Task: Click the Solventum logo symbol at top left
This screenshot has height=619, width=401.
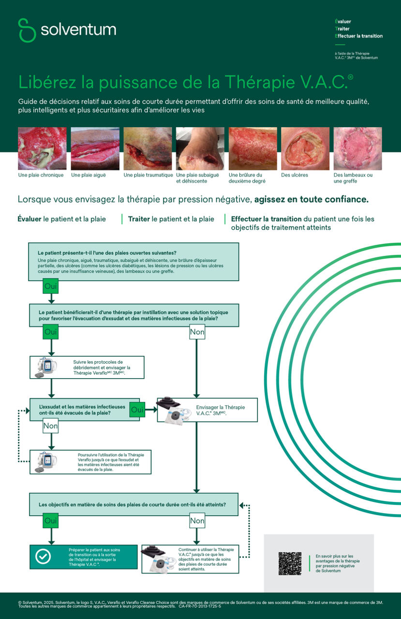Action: tap(27, 30)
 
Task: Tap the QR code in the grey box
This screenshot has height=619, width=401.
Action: tap(290, 563)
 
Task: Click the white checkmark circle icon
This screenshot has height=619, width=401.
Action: tap(43, 557)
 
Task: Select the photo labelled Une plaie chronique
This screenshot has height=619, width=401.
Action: tap(42, 148)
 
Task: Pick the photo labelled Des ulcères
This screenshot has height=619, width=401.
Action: tap(305, 148)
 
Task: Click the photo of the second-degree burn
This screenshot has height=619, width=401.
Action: tap(252, 148)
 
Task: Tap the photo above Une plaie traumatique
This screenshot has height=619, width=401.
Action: tap(148, 148)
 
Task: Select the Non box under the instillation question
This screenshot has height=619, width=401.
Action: tap(197, 332)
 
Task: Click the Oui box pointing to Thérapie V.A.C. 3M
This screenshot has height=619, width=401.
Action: tap(137, 410)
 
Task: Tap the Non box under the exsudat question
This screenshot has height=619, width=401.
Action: tap(51, 427)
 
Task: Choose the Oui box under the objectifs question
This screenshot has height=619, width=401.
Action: tap(51, 521)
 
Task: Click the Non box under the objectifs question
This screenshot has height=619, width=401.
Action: tap(197, 521)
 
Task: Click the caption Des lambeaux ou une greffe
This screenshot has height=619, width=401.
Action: tap(353, 178)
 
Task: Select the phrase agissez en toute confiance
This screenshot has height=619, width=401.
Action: tap(312, 199)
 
